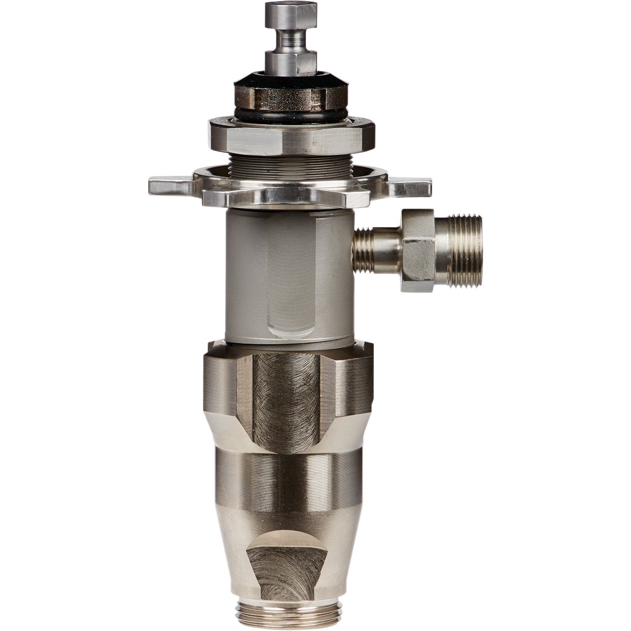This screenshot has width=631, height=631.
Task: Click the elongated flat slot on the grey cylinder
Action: [x=288, y=284]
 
